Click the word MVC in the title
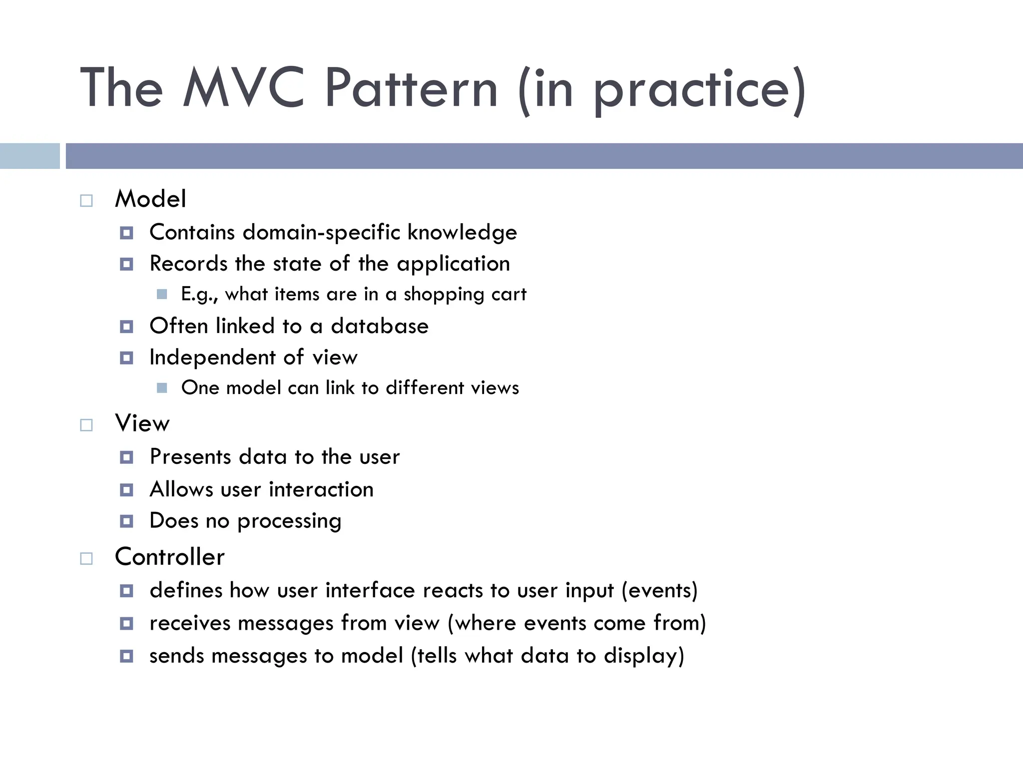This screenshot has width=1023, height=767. tap(244, 88)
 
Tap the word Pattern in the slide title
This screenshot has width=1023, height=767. tap(411, 88)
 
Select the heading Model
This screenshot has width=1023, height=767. tap(150, 199)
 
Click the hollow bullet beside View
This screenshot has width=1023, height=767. tap(86, 425)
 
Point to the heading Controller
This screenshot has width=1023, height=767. tap(170, 557)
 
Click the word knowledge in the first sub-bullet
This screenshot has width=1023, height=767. tap(462, 233)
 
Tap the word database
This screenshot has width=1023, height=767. tap(380, 327)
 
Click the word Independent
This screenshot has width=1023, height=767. tap(213, 358)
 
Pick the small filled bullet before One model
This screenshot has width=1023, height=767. tap(162, 388)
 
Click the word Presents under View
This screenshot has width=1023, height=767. tap(190, 457)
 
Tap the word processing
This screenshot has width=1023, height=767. tap(289, 521)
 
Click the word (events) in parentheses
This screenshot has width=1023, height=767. tap(659, 591)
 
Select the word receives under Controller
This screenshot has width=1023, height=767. tap(189, 624)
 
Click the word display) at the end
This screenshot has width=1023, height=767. tap(644, 656)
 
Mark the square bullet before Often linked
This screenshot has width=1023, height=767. tap(127, 327)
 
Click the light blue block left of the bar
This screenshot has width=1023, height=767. tap(29, 156)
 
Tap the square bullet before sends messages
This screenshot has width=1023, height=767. tap(127, 656)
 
